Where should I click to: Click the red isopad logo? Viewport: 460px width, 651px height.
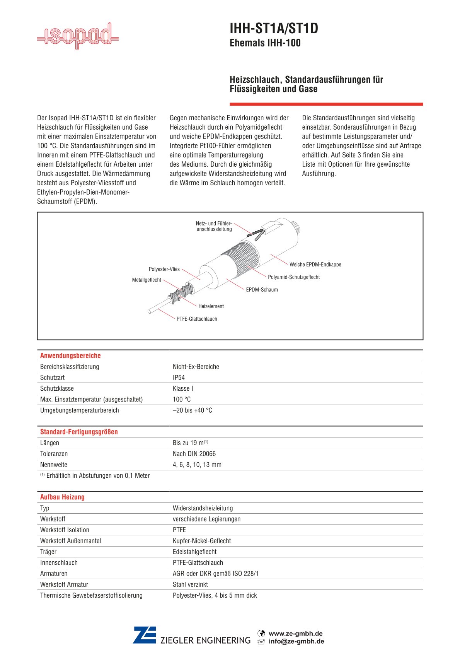(78, 36)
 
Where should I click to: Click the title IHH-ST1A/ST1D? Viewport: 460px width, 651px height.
(274, 29)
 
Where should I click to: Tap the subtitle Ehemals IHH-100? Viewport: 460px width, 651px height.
(265, 43)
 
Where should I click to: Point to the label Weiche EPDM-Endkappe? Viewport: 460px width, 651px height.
(315, 265)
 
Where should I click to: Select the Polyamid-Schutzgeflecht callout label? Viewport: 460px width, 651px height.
(294, 277)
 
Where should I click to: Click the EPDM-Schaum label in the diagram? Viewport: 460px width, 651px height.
(262, 290)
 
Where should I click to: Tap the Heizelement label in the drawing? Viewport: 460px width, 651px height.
(211, 306)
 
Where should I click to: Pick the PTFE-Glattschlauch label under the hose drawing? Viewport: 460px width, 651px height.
(197, 319)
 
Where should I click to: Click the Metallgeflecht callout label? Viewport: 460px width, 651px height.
(147, 280)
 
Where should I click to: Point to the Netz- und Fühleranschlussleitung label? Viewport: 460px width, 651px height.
(214, 226)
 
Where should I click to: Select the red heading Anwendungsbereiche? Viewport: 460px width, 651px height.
(70, 355)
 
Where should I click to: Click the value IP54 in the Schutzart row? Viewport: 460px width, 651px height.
(179, 378)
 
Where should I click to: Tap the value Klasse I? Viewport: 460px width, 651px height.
(183, 388)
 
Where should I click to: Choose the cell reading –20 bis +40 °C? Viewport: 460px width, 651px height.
(192, 410)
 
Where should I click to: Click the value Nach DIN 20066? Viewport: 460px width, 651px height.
(194, 454)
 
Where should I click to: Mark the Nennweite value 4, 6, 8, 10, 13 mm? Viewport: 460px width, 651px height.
(197, 465)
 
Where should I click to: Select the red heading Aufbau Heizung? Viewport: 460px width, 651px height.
(62, 497)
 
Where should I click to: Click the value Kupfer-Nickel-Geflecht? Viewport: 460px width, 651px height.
(201, 541)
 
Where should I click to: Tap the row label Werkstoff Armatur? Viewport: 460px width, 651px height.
(64, 584)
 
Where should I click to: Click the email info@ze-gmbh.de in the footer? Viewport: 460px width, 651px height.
(296, 641)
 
